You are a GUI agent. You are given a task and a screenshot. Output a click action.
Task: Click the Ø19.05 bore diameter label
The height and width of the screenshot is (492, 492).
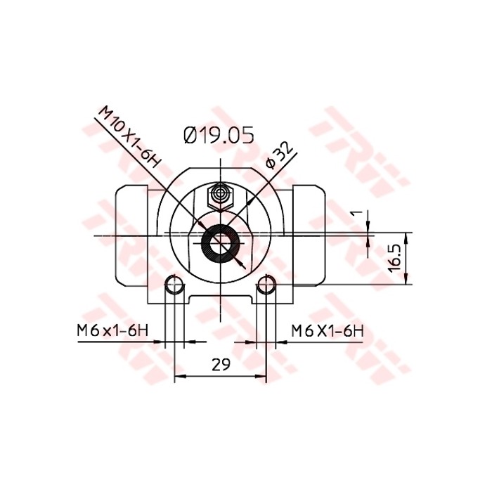(x=218, y=135)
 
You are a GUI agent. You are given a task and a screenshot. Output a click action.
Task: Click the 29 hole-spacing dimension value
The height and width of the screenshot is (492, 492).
(x=221, y=364)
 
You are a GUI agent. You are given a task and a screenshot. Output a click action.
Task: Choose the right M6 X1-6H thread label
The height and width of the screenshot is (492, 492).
(x=328, y=330)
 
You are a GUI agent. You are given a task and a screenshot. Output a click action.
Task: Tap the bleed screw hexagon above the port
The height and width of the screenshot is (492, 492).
(x=221, y=194)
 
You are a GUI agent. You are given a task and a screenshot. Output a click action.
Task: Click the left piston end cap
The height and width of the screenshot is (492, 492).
(x=131, y=235)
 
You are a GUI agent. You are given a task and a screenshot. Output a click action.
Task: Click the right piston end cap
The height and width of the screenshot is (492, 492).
(x=310, y=235)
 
